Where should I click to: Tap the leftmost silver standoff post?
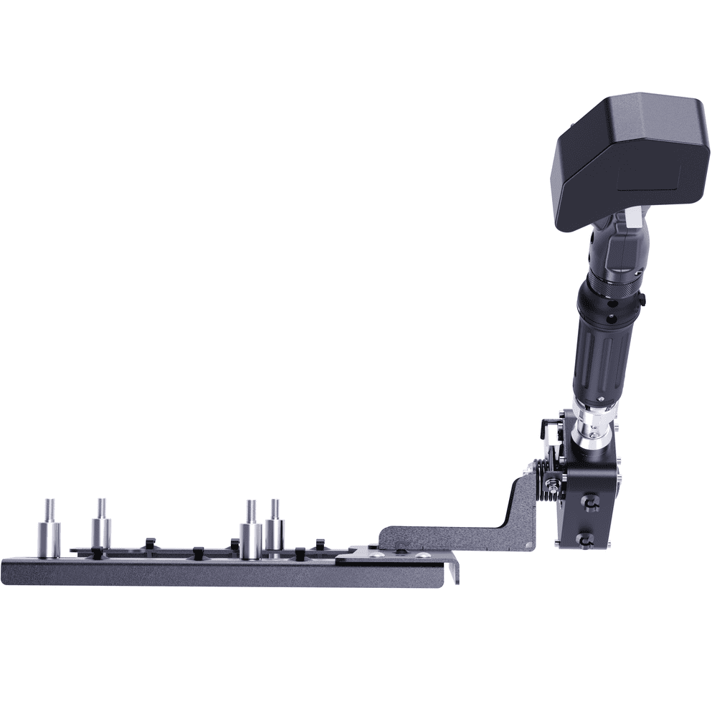point(49,540)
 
